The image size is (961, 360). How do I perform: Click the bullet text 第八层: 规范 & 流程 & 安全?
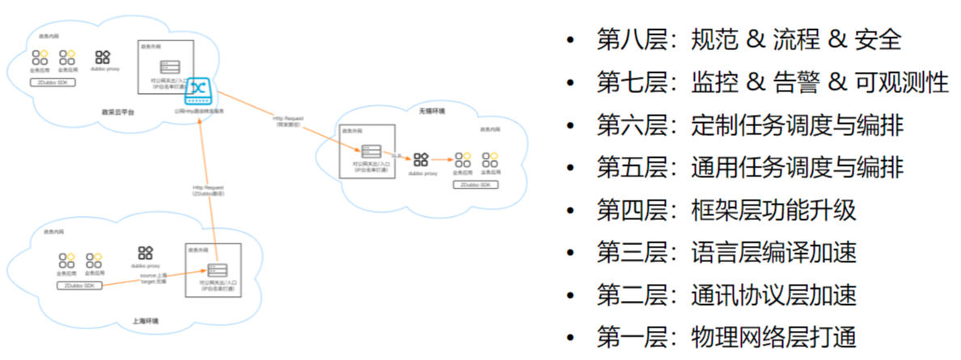click(748, 40)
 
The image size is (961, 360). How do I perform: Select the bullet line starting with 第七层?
click(772, 83)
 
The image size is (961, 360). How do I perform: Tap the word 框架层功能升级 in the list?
click(774, 210)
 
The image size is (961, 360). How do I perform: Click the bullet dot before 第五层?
click(572, 168)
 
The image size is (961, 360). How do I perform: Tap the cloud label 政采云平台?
click(117, 112)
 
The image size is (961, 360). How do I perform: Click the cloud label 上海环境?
click(146, 321)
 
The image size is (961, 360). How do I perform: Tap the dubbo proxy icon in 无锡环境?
click(421, 159)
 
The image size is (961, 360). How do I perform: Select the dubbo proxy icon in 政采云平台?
click(103, 57)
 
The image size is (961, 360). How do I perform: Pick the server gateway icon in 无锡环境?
click(371, 151)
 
